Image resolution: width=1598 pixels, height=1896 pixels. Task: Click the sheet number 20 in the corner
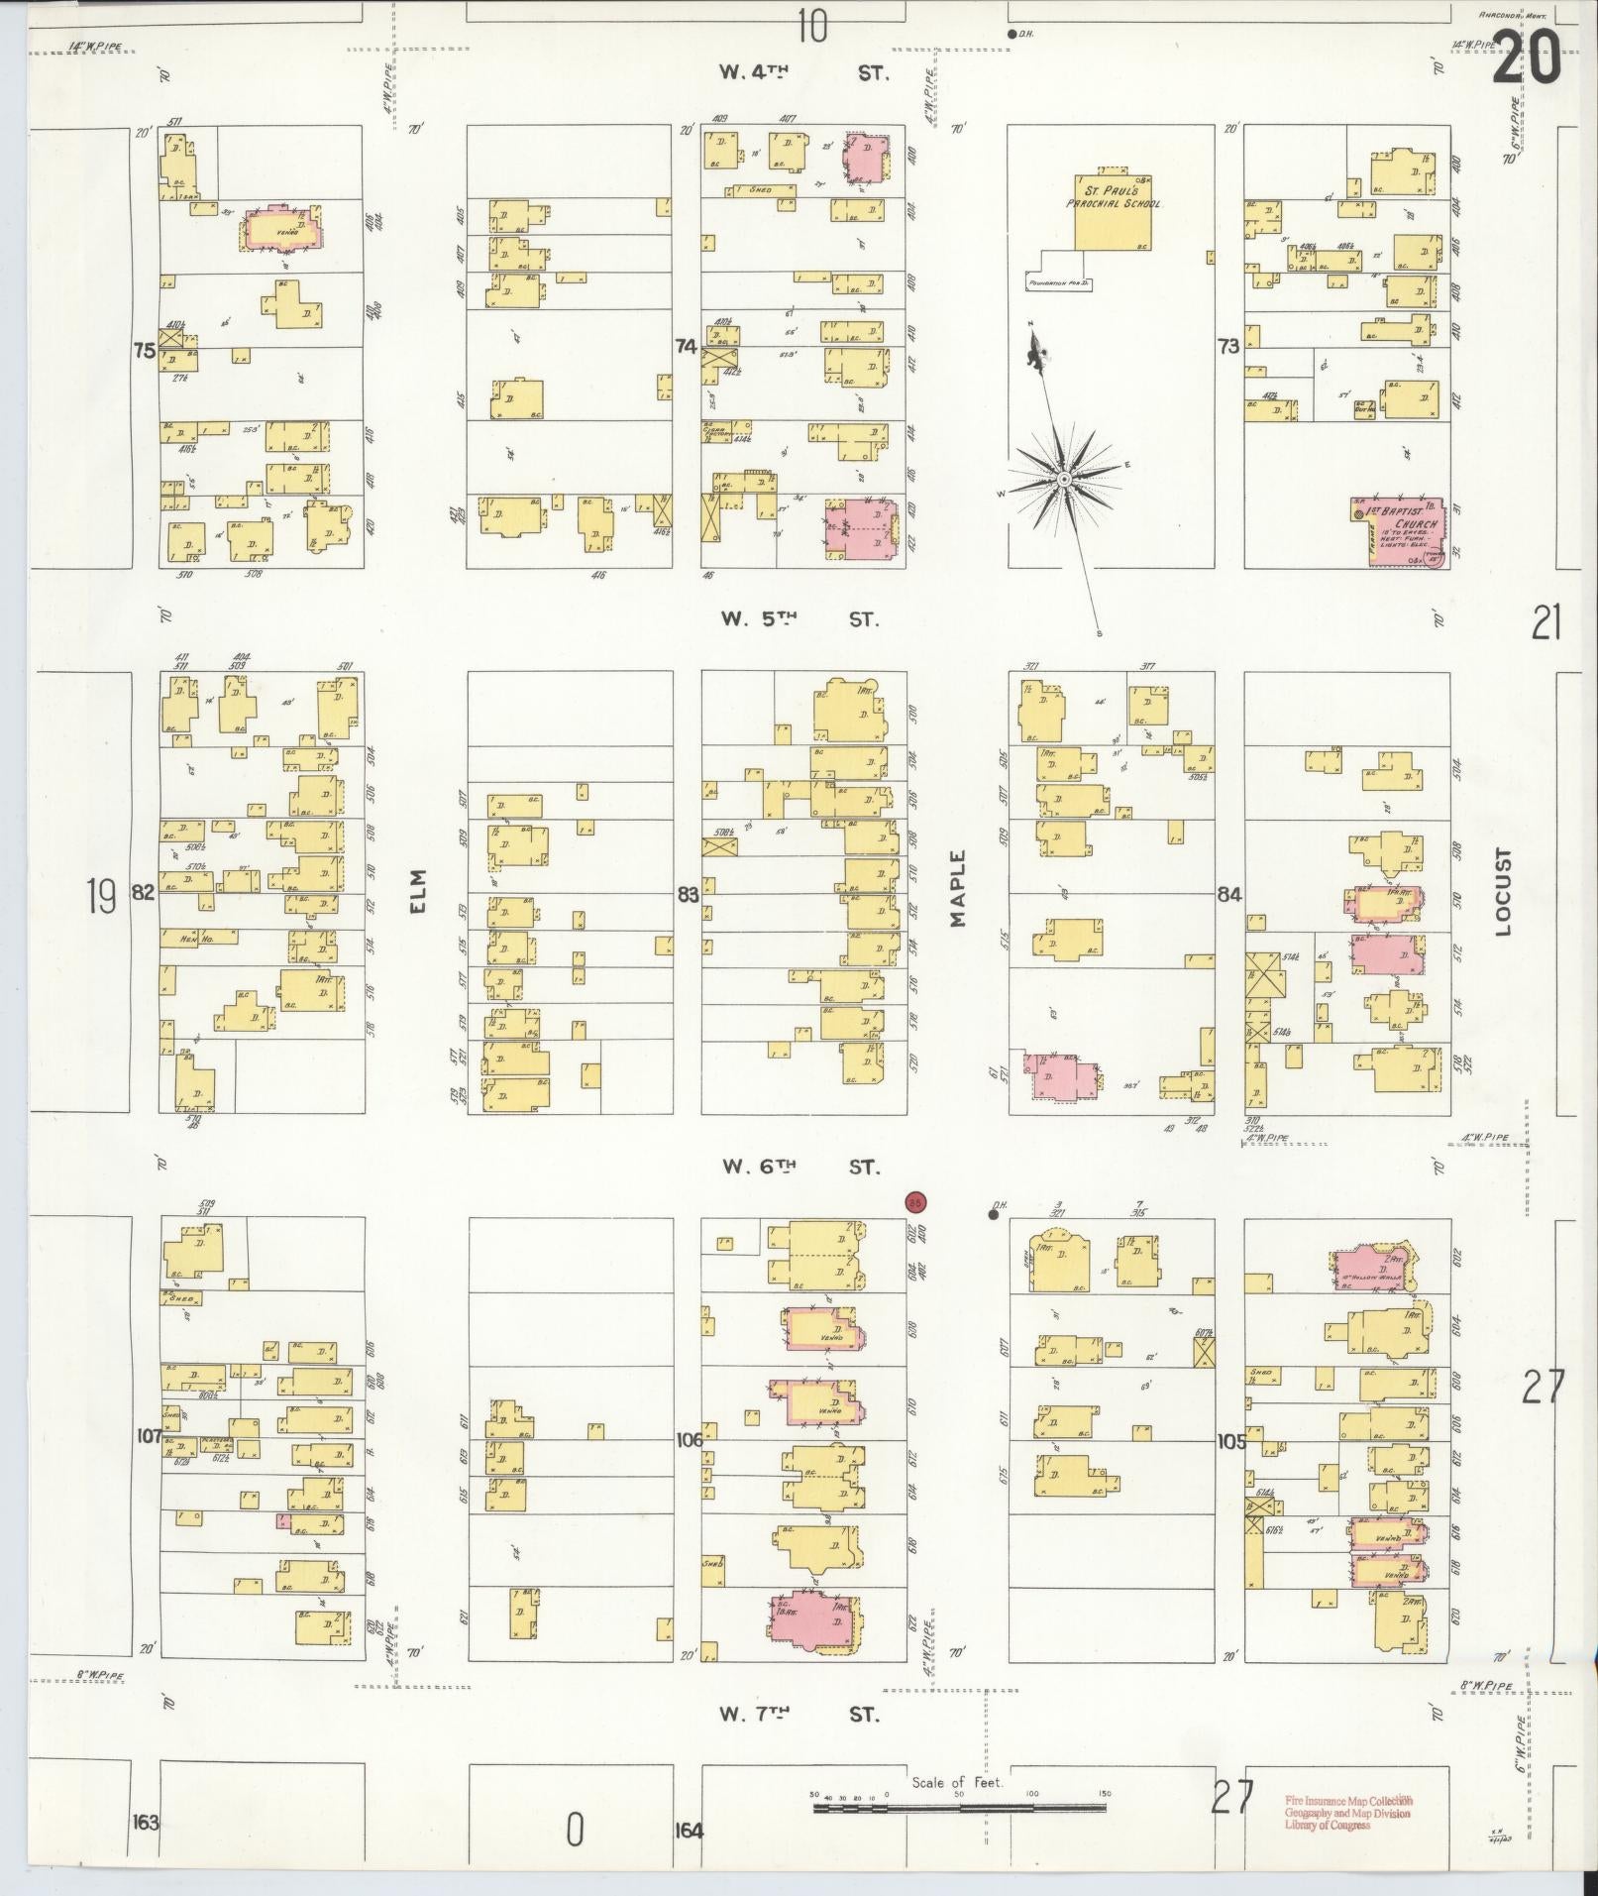pyautogui.click(x=1526, y=56)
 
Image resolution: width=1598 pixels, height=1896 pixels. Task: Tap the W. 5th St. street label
pyautogui.click(x=799, y=619)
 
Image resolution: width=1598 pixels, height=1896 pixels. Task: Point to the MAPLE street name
pyautogui.click(x=957, y=888)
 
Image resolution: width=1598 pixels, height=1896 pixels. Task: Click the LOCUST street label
pyautogui.click(x=1505, y=891)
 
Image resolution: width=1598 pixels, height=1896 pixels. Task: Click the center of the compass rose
pyautogui.click(x=1063, y=480)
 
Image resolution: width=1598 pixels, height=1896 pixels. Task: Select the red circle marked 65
pyautogui.click(x=916, y=1201)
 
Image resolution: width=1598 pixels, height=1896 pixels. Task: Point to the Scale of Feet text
pyautogui.click(x=957, y=1782)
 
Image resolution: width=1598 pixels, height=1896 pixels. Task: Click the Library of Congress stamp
pyautogui.click(x=1348, y=1813)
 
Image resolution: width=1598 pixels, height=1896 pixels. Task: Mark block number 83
pyautogui.click(x=688, y=895)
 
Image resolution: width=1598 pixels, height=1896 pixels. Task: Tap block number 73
pyautogui.click(x=1228, y=347)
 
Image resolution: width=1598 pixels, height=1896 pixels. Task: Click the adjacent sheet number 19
pyautogui.click(x=101, y=897)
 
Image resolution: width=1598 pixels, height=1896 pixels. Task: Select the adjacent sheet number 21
pyautogui.click(x=1545, y=624)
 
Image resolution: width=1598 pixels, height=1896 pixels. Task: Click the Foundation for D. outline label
pyautogui.click(x=1060, y=283)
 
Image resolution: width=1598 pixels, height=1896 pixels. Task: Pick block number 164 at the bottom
pyautogui.click(x=689, y=1830)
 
